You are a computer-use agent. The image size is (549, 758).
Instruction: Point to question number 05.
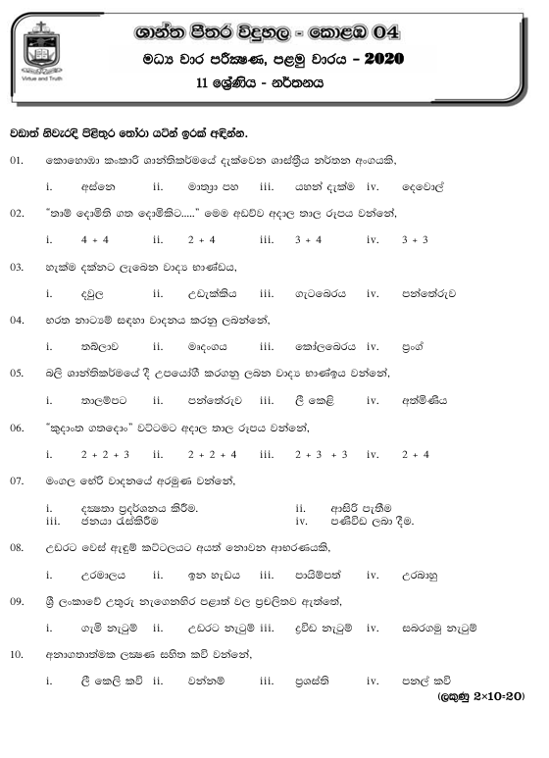pyautogui.click(x=17, y=373)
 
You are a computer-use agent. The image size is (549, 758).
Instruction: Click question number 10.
pyautogui.click(x=17, y=653)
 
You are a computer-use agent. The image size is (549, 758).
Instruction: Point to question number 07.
pyautogui.click(x=17, y=480)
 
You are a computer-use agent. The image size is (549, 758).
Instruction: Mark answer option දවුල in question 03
pyautogui.click(x=94, y=292)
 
